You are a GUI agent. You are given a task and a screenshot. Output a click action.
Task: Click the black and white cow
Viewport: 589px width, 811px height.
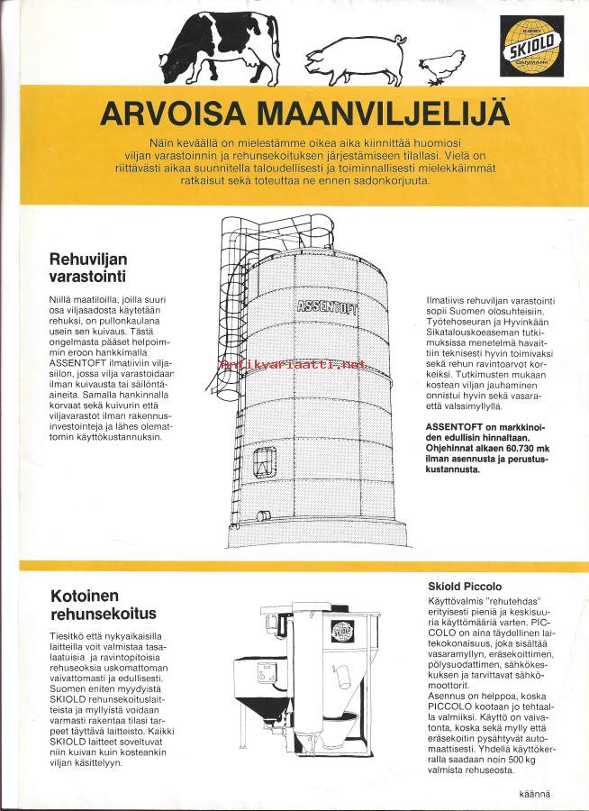point(220,48)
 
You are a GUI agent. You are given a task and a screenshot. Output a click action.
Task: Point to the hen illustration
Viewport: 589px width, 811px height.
point(441,67)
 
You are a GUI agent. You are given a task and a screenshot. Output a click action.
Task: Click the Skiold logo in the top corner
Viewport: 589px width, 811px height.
point(531,46)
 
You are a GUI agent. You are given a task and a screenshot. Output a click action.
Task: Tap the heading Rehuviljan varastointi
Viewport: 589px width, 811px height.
point(88,268)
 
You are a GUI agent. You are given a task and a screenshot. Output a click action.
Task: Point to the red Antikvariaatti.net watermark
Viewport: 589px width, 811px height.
point(293,365)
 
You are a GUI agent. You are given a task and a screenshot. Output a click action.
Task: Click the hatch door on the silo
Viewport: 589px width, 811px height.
point(264,462)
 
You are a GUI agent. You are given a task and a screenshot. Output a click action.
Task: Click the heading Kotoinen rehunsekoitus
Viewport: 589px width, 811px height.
point(103,605)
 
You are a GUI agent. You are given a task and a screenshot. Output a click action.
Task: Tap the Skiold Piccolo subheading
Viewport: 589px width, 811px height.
point(465,587)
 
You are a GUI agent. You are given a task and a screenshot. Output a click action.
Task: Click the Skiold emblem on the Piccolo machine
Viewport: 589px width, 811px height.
point(342,631)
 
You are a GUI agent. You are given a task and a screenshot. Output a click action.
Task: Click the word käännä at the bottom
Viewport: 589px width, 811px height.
point(535,794)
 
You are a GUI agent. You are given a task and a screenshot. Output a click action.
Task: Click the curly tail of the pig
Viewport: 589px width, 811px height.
point(400,40)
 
